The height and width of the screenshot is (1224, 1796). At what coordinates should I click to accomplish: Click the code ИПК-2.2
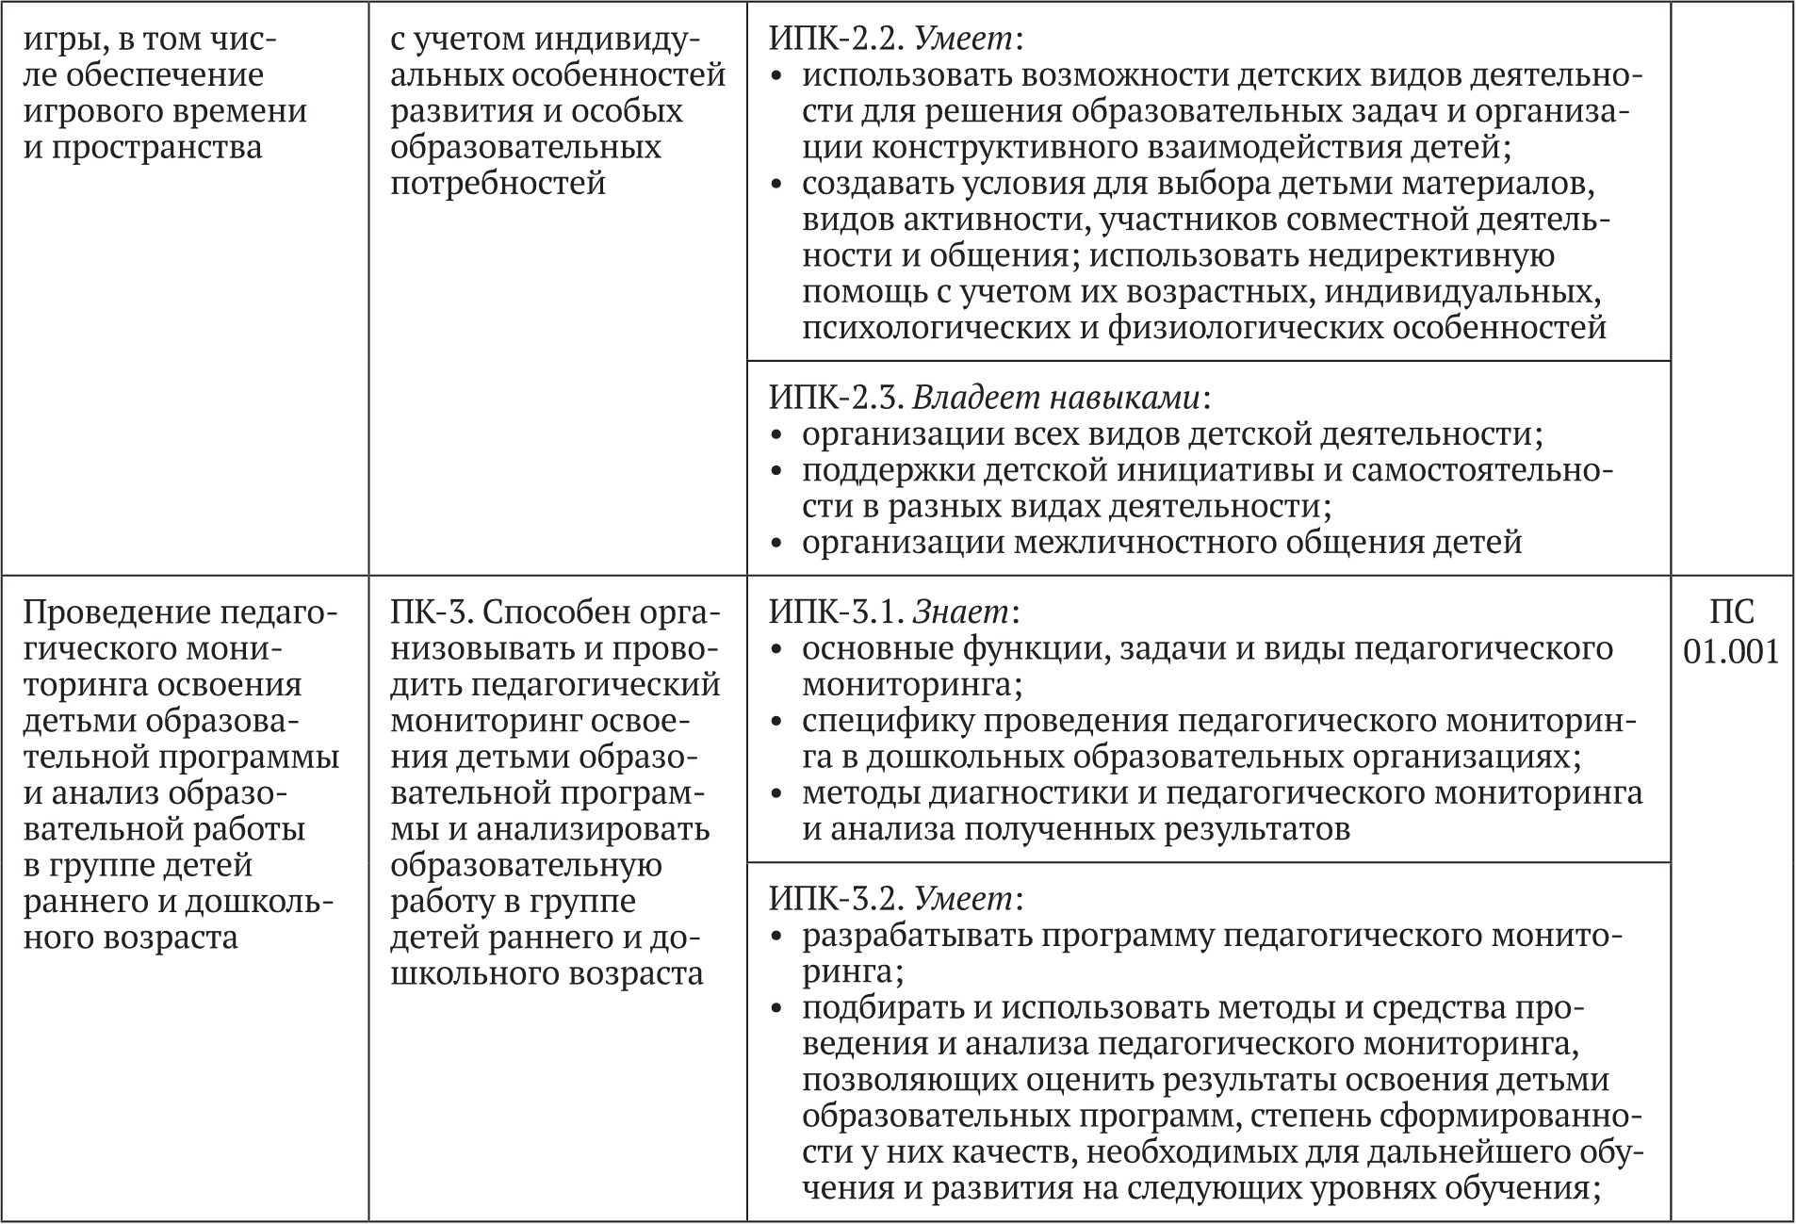[837, 40]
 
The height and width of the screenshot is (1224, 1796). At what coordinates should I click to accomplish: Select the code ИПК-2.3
[837, 399]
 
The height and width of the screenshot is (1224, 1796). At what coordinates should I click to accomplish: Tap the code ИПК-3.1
[837, 612]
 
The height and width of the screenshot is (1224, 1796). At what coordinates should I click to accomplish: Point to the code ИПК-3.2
[837, 899]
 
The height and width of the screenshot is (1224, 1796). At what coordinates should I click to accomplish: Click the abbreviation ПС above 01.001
[1732, 612]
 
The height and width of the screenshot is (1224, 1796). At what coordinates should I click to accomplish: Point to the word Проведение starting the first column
[116, 612]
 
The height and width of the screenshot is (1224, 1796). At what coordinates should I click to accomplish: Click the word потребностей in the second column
[498, 183]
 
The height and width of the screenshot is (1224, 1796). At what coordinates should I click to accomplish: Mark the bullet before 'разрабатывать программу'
[777, 937]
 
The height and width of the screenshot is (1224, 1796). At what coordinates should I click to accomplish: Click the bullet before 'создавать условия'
[777, 185]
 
